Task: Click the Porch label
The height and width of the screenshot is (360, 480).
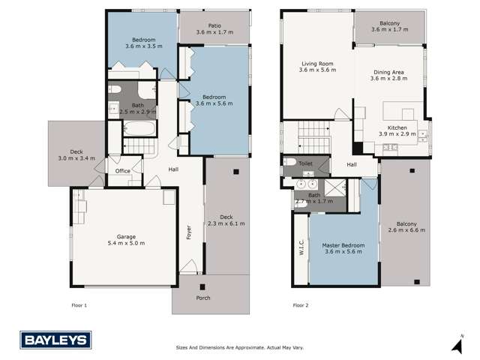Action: pyautogui.click(x=202, y=298)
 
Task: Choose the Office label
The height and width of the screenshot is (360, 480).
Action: pyautogui.click(x=123, y=171)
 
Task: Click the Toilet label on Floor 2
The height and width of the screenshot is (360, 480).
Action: pyautogui.click(x=305, y=163)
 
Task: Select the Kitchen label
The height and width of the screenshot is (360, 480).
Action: pyautogui.click(x=401, y=128)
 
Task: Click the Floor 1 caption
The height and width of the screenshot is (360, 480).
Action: pyautogui.click(x=79, y=305)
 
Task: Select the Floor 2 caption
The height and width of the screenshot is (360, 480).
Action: pyautogui.click(x=301, y=305)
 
